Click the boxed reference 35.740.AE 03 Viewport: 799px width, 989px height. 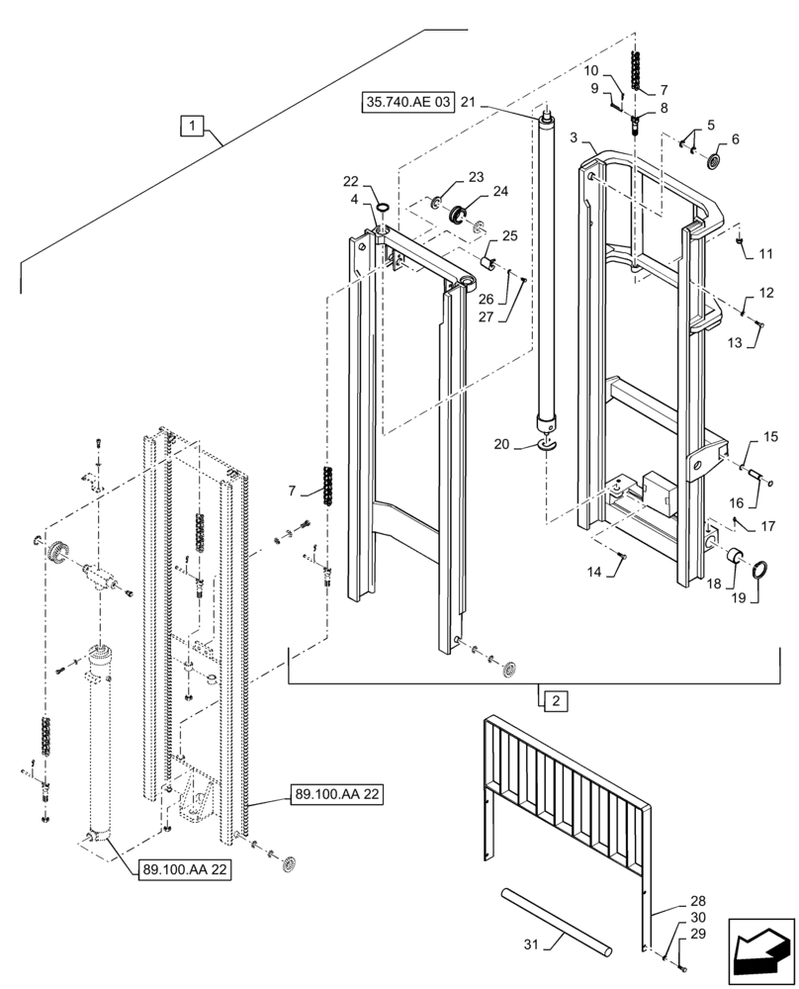coord(408,102)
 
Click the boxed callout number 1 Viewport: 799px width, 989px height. coord(192,125)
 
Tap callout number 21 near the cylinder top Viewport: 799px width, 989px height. coord(468,102)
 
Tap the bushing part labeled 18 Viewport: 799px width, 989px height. coord(738,560)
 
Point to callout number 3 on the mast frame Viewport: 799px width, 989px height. coord(575,139)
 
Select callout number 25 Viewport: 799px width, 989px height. coord(509,236)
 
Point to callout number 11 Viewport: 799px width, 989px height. coord(765,254)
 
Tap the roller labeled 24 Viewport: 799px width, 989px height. coord(458,214)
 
